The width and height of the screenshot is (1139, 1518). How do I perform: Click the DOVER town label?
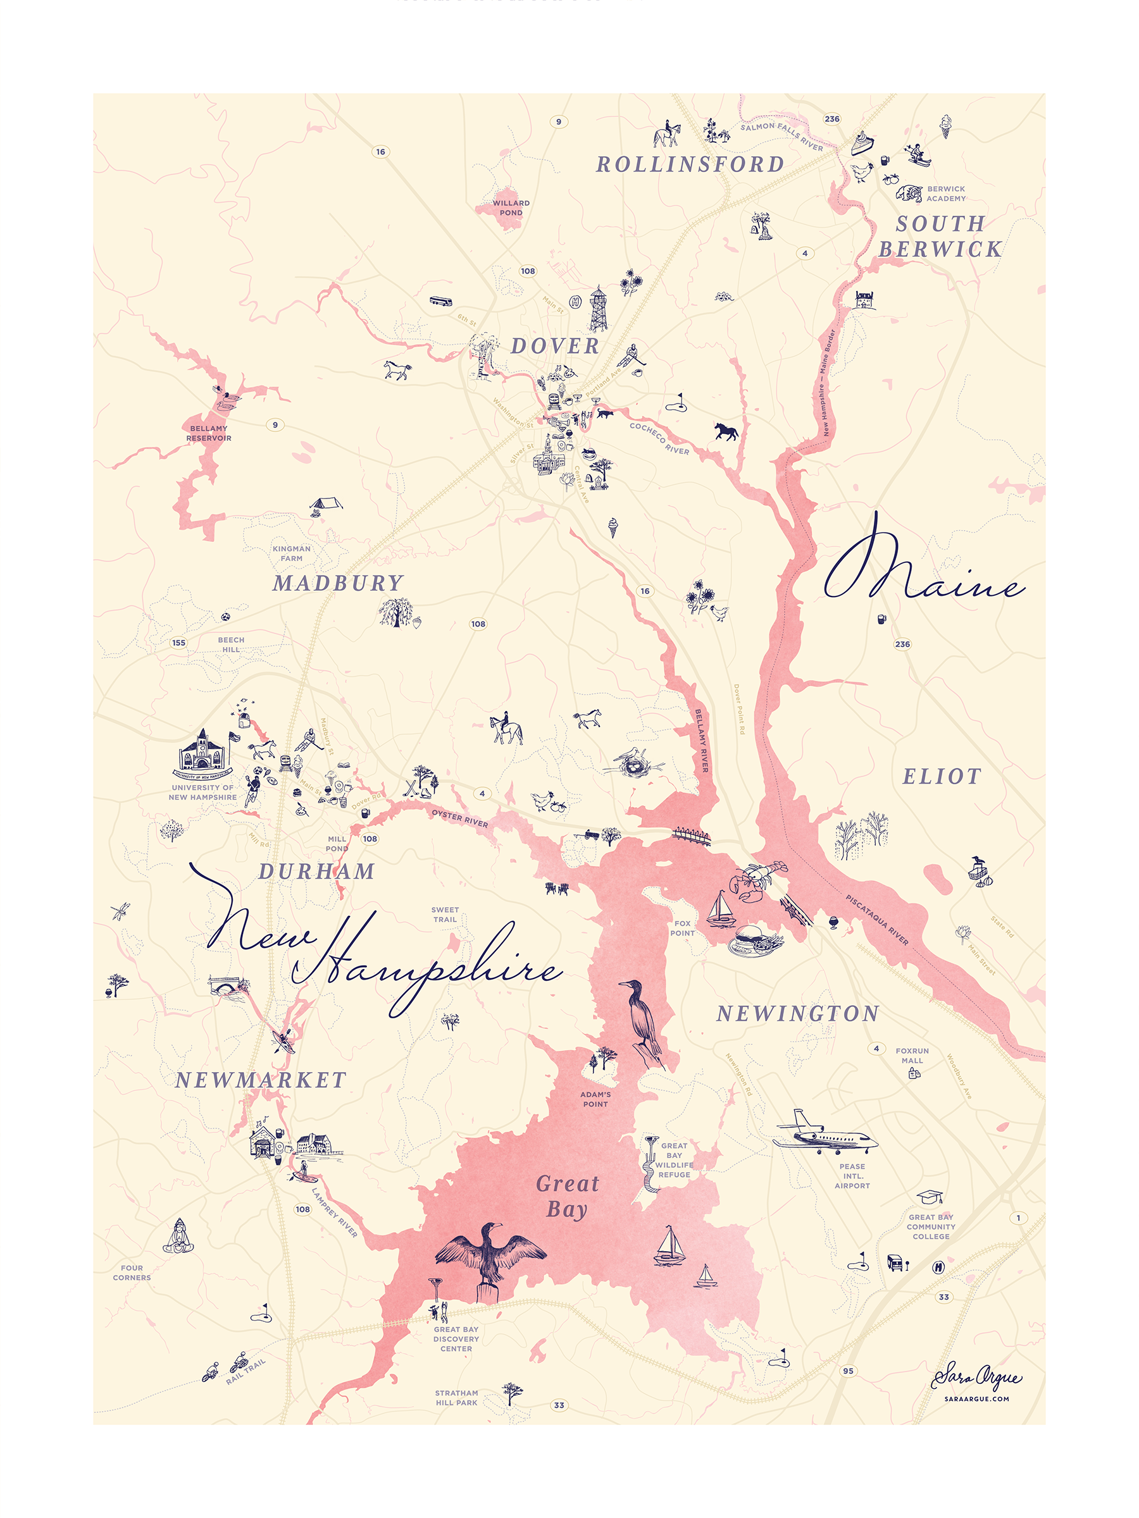(x=555, y=346)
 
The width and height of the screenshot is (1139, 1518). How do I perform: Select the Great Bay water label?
(x=567, y=1195)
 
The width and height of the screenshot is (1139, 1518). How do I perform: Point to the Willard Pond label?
(x=511, y=207)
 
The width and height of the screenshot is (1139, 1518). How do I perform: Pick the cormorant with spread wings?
(x=490, y=1254)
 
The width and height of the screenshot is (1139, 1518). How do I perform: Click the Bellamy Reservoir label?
(x=209, y=433)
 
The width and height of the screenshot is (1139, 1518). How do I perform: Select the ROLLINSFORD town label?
(x=689, y=164)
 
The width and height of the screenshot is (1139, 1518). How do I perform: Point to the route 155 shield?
(x=178, y=643)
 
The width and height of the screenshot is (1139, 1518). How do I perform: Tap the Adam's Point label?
(x=595, y=1099)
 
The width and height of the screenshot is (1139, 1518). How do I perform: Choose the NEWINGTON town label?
(x=797, y=1014)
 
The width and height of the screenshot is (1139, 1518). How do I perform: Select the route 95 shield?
(x=849, y=1371)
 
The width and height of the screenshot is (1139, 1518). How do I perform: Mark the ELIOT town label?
(x=942, y=776)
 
